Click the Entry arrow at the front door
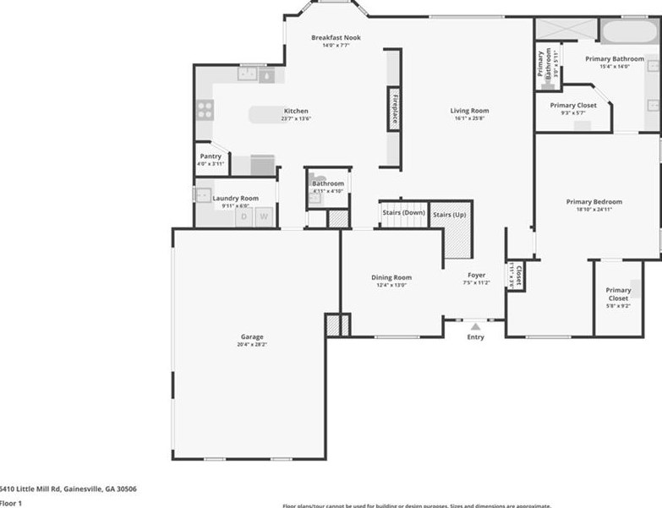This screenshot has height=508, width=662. pyautogui.click(x=475, y=325)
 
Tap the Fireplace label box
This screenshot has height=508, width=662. pyautogui.click(x=393, y=109)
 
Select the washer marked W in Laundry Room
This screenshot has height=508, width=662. pyautogui.click(x=264, y=216)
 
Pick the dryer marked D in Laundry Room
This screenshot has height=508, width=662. pyautogui.click(x=244, y=216)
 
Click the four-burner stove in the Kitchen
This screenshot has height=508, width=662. pyautogui.click(x=205, y=109)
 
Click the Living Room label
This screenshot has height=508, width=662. pyautogui.click(x=469, y=111)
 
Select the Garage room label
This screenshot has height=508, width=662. pyautogui.click(x=251, y=336)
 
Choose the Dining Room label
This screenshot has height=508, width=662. pyautogui.click(x=391, y=277)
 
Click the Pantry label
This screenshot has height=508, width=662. pyautogui.click(x=211, y=156)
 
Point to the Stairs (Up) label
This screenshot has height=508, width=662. pyautogui.click(x=449, y=215)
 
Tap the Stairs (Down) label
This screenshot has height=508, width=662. pyautogui.click(x=403, y=212)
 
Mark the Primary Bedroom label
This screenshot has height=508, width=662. pyautogui.click(x=594, y=202)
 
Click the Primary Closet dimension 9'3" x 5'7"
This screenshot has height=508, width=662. pyautogui.click(x=573, y=112)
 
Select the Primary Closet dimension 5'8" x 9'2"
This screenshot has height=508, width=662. pyautogui.click(x=617, y=306)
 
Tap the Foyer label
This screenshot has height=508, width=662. pyautogui.click(x=477, y=275)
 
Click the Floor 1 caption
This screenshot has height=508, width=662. pyautogui.click(x=11, y=503)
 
